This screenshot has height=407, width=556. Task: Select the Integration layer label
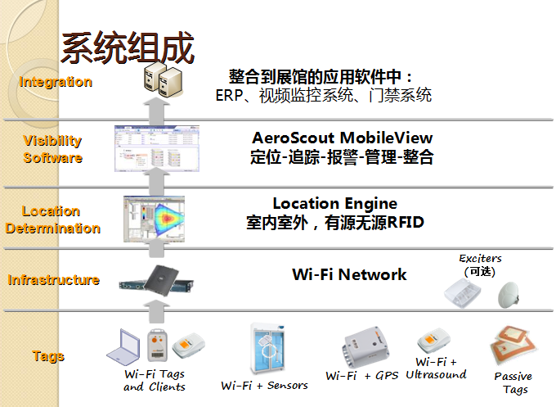click(56, 82)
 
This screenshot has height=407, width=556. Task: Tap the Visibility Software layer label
click(52, 149)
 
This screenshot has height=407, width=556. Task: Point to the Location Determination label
click(52, 219)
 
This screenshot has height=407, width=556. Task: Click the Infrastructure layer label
click(54, 280)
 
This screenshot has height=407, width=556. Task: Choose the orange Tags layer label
click(48, 356)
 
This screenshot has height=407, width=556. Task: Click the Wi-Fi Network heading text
click(349, 274)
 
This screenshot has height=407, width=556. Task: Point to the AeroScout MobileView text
click(343, 138)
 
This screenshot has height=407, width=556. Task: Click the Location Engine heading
click(334, 203)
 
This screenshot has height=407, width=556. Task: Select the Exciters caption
click(480, 258)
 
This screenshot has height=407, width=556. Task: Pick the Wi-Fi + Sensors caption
click(265, 385)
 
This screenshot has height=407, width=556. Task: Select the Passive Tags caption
click(513, 383)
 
